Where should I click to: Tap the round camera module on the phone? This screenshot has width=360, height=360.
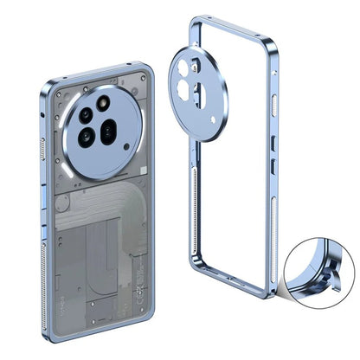(98, 132)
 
